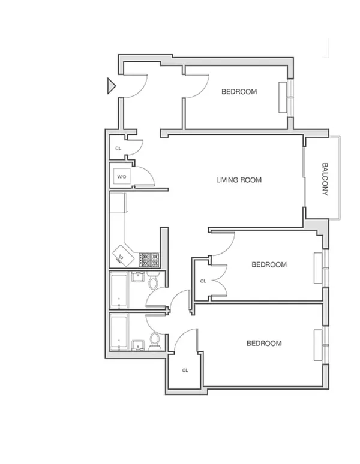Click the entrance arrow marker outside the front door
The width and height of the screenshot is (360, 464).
[x=110, y=86]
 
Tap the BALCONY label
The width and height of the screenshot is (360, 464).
[x=325, y=179]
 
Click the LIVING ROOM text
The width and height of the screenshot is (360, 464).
[x=239, y=180]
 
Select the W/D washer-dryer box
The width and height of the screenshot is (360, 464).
[x=122, y=177]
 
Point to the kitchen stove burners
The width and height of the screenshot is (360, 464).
[x=149, y=259]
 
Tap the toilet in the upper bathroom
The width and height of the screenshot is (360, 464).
[x=154, y=282]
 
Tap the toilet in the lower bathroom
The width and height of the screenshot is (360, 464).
[x=154, y=341]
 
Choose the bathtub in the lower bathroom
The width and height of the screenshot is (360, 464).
[x=120, y=332]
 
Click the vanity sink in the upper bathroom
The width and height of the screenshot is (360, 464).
[x=137, y=278]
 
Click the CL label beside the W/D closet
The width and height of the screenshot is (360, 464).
[x=118, y=149]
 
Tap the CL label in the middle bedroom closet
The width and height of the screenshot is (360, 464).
[x=203, y=281]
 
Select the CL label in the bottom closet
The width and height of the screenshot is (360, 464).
[x=185, y=370]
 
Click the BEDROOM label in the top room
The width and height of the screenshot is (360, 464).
[x=239, y=92]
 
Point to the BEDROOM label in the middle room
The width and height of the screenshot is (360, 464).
[x=269, y=264]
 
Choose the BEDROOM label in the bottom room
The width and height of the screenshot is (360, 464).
[x=264, y=344]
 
